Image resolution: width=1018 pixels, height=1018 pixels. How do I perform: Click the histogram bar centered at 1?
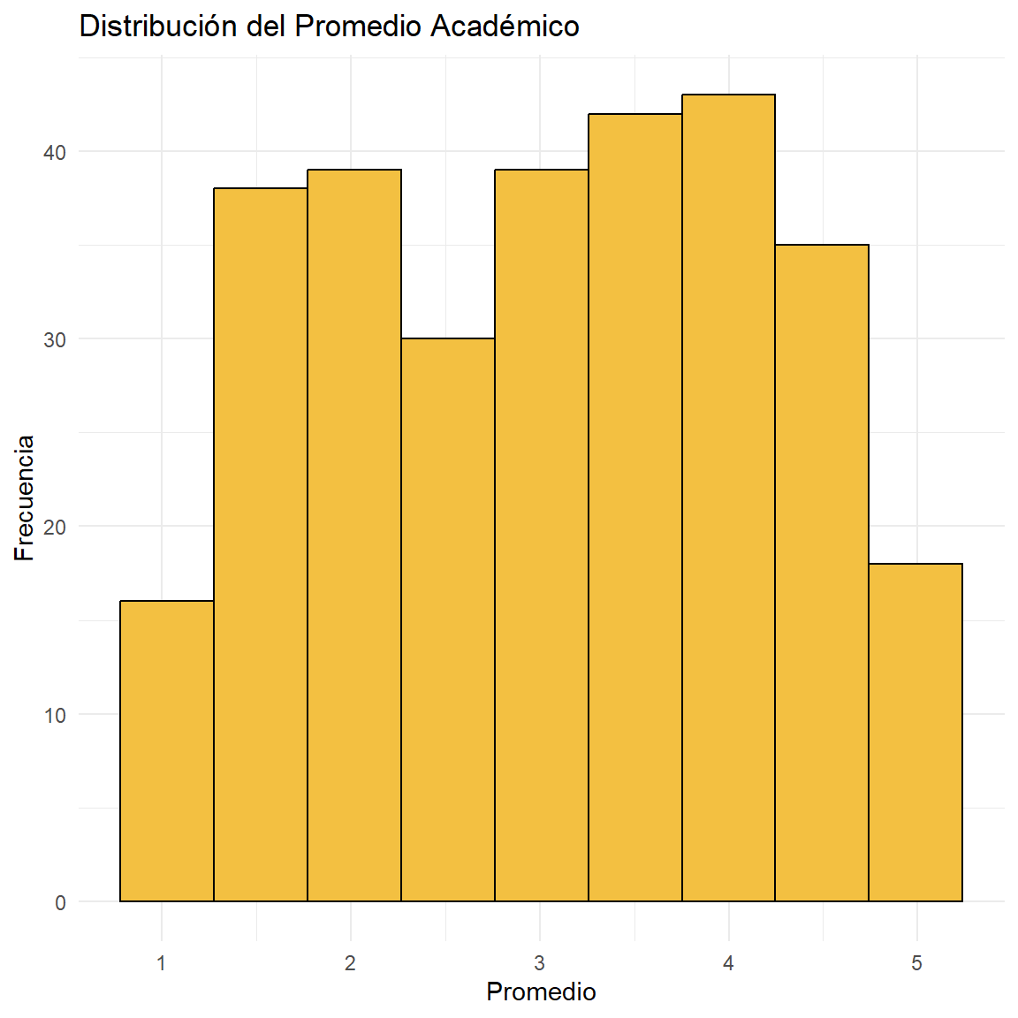point(167,751)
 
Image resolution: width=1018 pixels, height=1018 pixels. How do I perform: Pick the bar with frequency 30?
point(448,619)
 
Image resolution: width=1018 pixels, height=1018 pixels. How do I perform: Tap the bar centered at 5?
point(915,733)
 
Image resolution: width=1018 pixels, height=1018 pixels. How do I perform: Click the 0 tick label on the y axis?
point(61,902)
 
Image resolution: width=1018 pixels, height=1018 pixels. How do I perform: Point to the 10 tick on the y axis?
point(56,715)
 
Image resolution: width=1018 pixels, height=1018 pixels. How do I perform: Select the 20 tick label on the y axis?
point(56,528)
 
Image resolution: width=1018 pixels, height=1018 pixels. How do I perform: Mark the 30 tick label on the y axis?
point(56,340)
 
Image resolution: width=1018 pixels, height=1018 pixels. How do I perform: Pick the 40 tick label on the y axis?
point(56,153)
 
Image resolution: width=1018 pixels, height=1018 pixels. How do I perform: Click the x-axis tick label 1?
point(162,963)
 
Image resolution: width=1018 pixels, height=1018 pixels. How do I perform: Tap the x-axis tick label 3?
point(539,963)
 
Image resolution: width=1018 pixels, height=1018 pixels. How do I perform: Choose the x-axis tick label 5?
point(916,963)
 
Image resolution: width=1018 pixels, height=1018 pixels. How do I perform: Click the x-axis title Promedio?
point(541,992)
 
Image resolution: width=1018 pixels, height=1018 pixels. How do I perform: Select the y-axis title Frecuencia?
point(25,498)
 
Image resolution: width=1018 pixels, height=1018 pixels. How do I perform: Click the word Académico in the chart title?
point(505,27)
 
